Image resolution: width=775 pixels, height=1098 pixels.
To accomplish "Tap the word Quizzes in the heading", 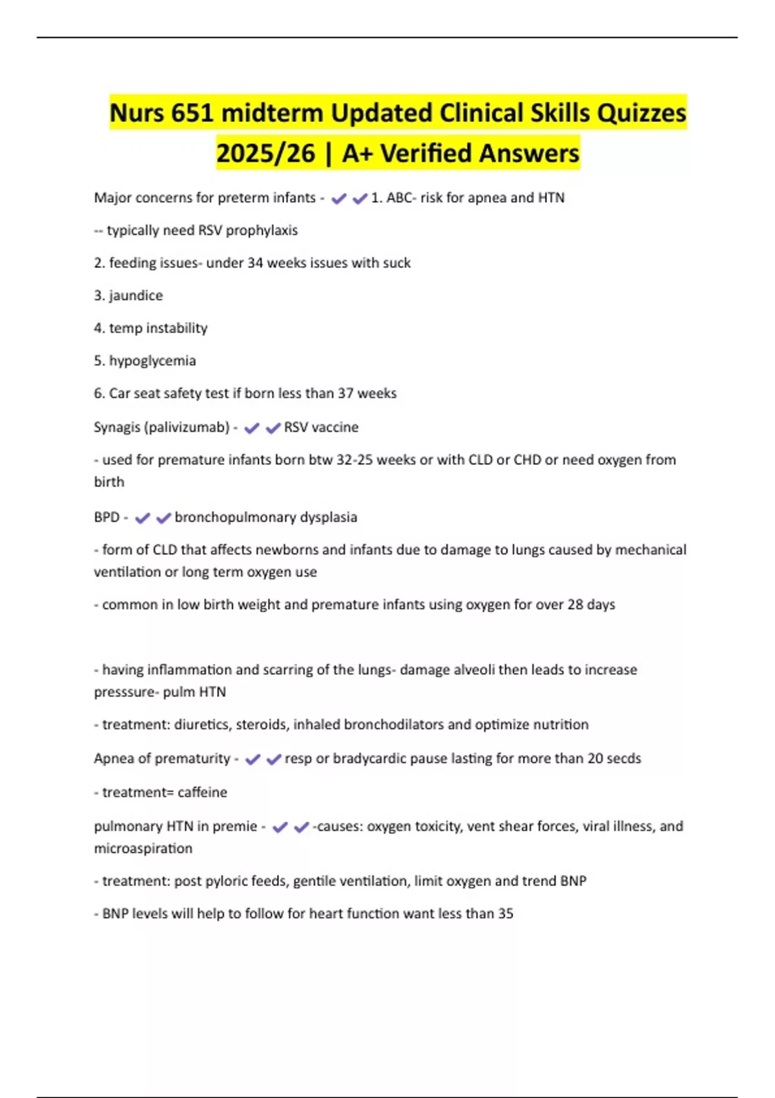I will pyautogui.click(x=641, y=113).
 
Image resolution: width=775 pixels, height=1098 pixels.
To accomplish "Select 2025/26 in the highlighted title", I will pyautogui.click(x=265, y=154).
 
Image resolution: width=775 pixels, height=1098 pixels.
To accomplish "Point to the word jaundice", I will pyautogui.click(x=136, y=296).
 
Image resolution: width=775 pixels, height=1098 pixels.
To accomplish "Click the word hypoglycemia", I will pyautogui.click(x=152, y=361).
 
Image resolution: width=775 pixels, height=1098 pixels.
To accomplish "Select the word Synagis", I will pyautogui.click(x=116, y=428).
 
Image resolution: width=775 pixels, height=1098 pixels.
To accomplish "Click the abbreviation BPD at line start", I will pyautogui.click(x=107, y=517).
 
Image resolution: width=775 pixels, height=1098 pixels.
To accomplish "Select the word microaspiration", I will pyautogui.click(x=143, y=849).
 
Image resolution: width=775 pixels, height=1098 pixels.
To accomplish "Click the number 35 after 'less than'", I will pyautogui.click(x=506, y=914).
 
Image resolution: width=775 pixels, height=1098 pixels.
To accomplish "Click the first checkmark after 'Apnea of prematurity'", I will pyautogui.click(x=253, y=760).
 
